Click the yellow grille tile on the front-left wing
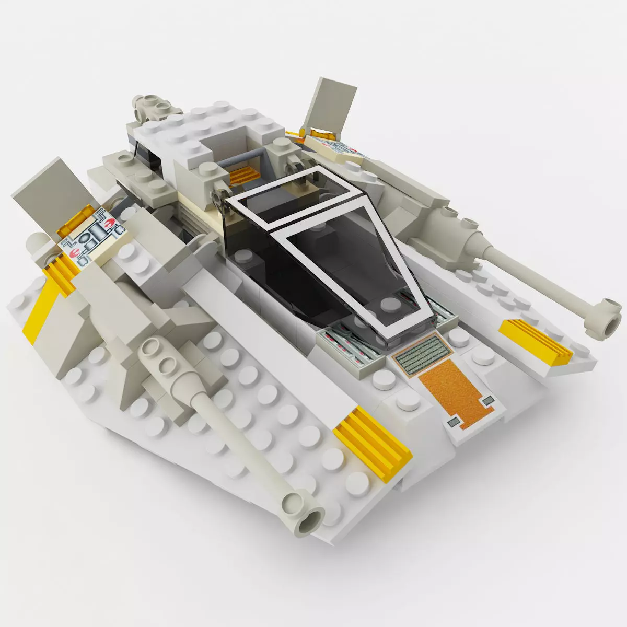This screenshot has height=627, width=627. click(373, 439)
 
